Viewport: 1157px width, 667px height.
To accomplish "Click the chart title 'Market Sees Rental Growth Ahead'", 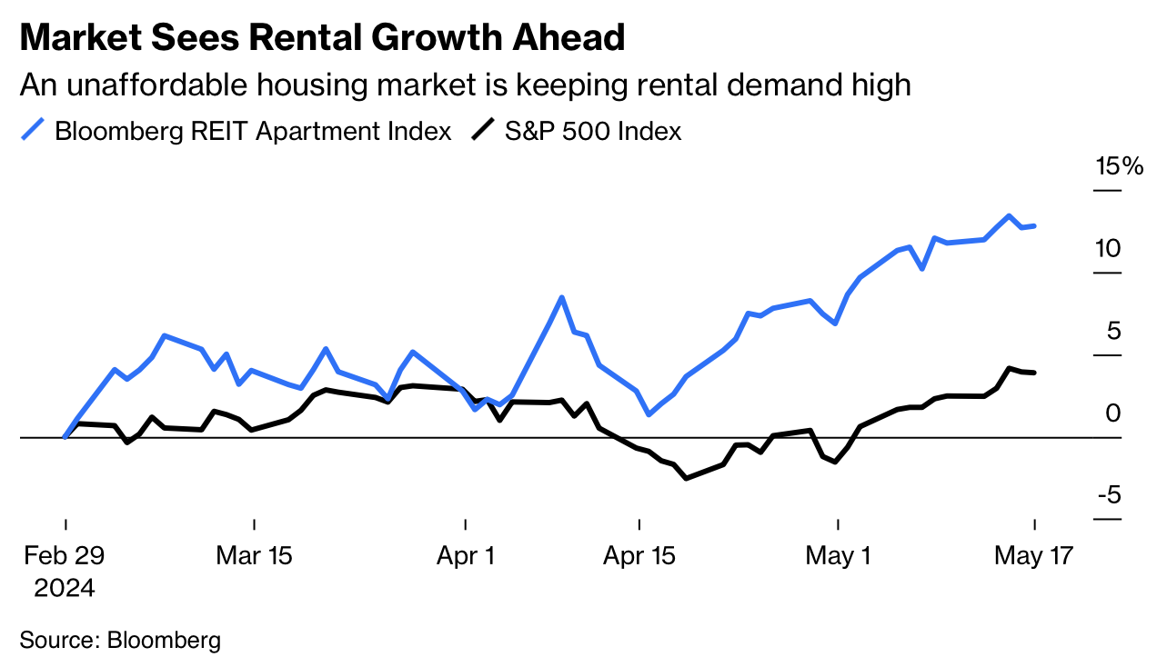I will tap(322, 38).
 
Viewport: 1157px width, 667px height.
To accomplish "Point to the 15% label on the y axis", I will tap(1118, 167).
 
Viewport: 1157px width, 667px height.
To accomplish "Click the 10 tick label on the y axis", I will tap(1107, 249).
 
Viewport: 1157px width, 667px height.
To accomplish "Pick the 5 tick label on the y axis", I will tap(1114, 332).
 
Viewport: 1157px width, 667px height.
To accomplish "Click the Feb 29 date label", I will tap(65, 556).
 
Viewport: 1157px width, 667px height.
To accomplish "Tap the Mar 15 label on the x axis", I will tap(254, 556).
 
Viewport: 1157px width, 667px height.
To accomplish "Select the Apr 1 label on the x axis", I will tap(465, 556).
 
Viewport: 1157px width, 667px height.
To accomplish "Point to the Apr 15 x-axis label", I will tap(639, 556).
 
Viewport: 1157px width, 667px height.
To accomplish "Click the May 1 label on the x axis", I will tap(838, 556).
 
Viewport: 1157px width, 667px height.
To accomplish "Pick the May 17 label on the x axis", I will tap(1034, 556).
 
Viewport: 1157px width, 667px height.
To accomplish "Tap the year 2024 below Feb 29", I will tap(65, 588).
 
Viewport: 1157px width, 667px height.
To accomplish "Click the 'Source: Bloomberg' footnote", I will tap(120, 640).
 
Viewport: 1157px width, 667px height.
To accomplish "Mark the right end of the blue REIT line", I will tap(1034, 225).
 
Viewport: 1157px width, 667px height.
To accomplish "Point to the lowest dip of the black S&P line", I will tap(686, 478).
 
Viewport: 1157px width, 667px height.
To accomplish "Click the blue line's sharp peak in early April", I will tap(562, 297).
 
